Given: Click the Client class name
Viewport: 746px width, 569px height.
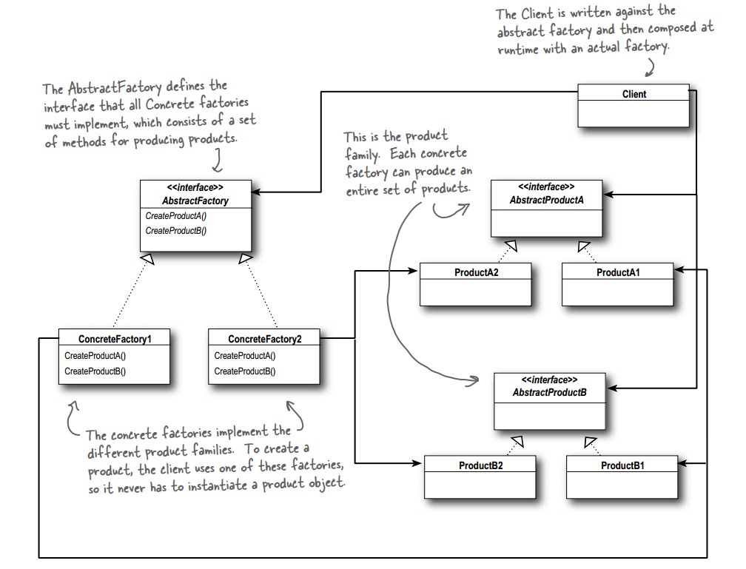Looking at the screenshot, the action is [634, 94].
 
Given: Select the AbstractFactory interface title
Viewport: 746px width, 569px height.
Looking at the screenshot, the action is [195, 201].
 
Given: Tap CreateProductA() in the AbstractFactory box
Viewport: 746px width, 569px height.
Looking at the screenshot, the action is [175, 216].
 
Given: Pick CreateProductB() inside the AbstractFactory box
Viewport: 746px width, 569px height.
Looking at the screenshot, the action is [175, 231].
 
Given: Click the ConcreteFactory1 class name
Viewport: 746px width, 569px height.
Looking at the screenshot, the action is [115, 339].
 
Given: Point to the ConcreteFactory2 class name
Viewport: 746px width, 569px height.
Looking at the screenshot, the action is [264, 339].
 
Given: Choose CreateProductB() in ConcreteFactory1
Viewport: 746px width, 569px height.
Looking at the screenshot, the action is [95, 371].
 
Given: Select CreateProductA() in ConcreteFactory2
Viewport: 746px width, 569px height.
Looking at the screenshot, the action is [244, 356].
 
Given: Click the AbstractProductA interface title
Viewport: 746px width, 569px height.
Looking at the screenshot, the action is [547, 201].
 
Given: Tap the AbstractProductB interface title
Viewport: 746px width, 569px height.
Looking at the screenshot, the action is [549, 392].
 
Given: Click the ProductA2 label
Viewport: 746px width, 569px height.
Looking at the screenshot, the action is [477, 272].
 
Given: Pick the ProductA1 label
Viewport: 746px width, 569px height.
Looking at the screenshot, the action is [618, 272].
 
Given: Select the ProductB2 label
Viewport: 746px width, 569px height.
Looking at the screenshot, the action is [480, 465].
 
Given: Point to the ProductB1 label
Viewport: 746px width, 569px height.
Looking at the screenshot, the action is [622, 465].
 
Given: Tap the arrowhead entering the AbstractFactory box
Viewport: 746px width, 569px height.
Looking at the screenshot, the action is [257, 192].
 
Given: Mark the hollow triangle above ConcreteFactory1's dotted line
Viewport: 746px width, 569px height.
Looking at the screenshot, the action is [148, 258].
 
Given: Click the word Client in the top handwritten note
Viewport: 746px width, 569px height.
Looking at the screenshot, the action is [538, 14].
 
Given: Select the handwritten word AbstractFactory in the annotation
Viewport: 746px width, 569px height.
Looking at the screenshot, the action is [115, 88].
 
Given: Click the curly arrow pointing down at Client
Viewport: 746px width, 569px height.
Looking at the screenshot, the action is [651, 67].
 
